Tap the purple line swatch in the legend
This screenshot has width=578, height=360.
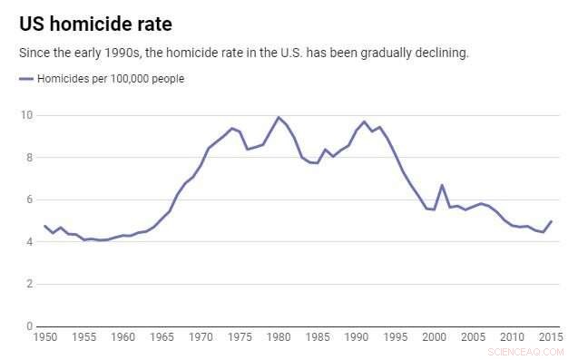tap(26, 79)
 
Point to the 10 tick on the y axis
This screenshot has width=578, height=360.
tap(27, 115)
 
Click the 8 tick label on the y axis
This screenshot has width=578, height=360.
tap(29, 158)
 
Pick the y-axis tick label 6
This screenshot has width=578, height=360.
tap(29, 199)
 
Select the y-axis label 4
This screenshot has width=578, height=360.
tap(29, 242)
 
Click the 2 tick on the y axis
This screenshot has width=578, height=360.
tap(29, 284)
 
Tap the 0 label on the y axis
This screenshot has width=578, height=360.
tap(29, 326)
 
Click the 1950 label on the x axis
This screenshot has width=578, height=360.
tap(44, 337)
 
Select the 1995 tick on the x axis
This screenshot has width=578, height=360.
tap(395, 337)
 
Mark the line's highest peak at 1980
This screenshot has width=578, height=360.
tap(279, 117)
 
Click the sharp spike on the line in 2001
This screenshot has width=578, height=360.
tap(442, 185)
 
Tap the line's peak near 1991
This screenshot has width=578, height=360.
tap(364, 122)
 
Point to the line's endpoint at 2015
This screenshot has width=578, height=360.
tap(551, 221)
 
